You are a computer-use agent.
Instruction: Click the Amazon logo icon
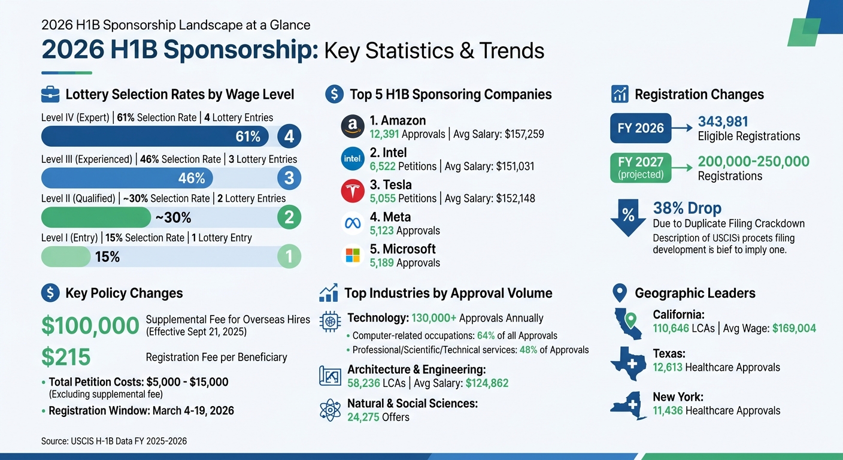352,127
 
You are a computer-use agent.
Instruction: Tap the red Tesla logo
352,191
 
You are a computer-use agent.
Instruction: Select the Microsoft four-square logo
352,255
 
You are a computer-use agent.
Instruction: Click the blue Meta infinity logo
352,223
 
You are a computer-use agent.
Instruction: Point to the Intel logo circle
352,159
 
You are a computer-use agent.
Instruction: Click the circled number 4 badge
289,137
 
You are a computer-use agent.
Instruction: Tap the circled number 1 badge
289,257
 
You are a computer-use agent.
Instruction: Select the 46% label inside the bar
192,178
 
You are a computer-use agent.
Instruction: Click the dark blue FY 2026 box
641,128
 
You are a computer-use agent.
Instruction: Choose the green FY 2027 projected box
641,167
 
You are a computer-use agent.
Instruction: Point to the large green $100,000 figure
90,325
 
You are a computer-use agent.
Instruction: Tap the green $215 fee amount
66,357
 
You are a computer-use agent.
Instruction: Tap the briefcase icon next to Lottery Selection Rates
50,94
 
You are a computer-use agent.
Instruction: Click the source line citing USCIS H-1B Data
114,441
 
